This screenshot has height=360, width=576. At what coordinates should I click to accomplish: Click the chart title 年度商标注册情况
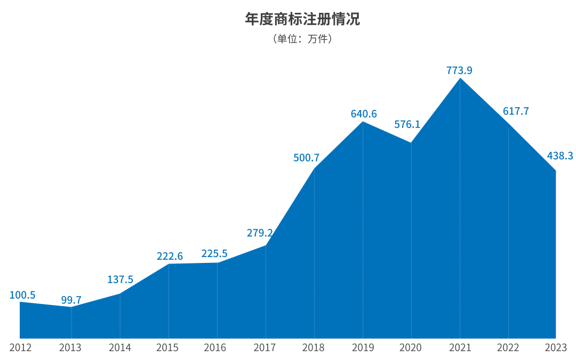(302, 20)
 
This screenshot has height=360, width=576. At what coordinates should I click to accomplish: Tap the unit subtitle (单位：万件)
(302, 39)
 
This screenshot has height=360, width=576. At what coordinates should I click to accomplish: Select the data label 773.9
(460, 70)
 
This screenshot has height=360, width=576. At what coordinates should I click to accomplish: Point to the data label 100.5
(22, 295)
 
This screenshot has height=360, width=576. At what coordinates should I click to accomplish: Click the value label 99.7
(71, 300)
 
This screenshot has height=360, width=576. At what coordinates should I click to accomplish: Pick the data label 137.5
(120, 279)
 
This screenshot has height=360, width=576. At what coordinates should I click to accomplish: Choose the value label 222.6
(170, 256)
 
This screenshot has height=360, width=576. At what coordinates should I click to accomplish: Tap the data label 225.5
(214, 253)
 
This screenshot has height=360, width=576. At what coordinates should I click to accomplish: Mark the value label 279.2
(260, 233)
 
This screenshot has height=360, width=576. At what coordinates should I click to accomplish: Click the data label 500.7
(307, 158)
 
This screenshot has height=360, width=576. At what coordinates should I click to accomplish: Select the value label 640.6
(364, 114)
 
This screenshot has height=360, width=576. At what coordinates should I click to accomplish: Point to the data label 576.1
(407, 124)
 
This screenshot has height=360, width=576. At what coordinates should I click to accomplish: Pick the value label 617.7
(516, 111)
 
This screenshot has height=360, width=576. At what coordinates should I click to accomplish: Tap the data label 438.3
(560, 156)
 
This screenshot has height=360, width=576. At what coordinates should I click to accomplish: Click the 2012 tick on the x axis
(20, 348)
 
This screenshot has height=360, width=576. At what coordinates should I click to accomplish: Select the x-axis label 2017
(265, 348)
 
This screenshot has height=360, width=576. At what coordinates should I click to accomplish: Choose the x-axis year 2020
(411, 348)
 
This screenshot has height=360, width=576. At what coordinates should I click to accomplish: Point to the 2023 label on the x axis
(556, 348)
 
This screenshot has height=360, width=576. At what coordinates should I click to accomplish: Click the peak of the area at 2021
(460, 79)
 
